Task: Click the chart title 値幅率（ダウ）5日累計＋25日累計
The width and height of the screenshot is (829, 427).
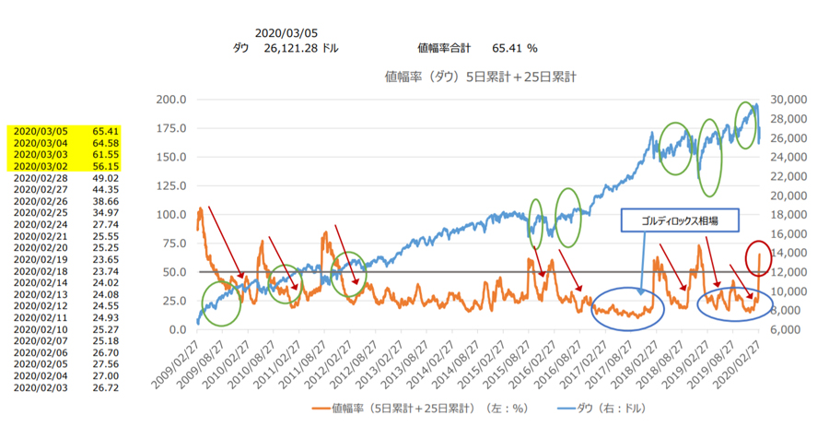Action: (x=479, y=76)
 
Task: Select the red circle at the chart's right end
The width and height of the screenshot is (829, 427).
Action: (x=757, y=257)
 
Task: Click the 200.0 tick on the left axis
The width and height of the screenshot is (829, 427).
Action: (x=172, y=100)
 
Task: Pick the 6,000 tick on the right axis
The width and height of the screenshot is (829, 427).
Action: (x=789, y=329)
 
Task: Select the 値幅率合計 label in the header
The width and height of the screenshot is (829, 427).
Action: (x=444, y=48)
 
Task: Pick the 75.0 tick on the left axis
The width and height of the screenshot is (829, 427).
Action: (x=175, y=243)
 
